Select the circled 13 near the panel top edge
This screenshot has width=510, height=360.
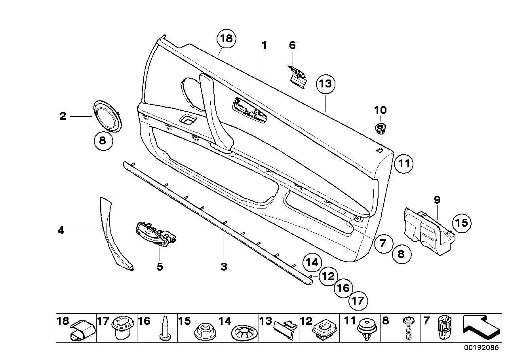pos(325,84)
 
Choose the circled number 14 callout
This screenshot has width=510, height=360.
pos(312,262)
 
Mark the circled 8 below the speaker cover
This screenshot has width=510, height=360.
pos(103,141)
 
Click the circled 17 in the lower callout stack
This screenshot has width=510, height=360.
pos(358,301)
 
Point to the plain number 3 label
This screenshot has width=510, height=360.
pos(224,267)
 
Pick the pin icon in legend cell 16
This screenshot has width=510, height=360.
pos(165,329)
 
